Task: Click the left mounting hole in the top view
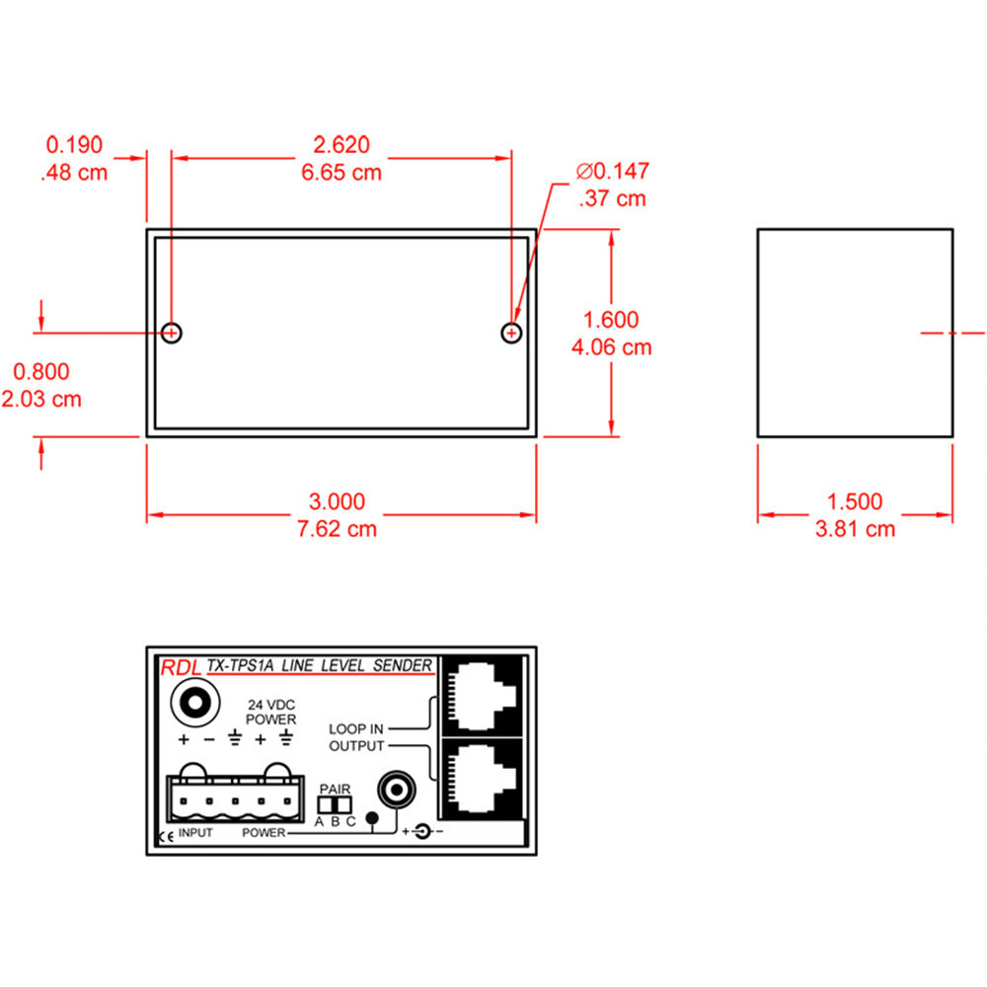coord(172,333)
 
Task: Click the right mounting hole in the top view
coord(511,333)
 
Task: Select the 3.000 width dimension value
coord(341,501)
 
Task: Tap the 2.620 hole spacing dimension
coord(341,145)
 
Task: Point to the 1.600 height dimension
coord(611,320)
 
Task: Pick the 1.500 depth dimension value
coord(855,501)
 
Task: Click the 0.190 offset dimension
coord(74,145)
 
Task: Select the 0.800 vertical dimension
coord(41,371)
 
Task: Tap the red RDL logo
coord(180,667)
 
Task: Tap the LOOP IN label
coord(356,728)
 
